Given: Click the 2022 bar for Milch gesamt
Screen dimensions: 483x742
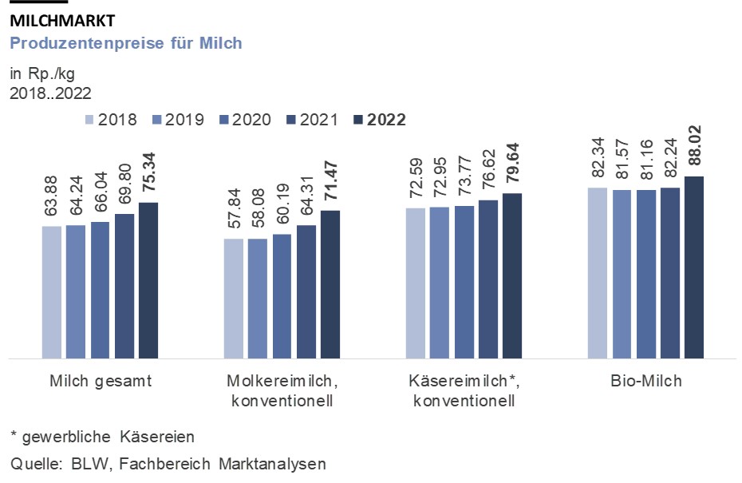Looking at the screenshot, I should click(x=148, y=280).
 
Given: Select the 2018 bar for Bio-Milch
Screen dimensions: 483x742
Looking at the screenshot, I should click(x=598, y=273).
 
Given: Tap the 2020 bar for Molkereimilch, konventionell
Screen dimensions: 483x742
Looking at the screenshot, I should click(x=282, y=296).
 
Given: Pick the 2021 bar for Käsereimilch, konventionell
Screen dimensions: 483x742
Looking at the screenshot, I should click(x=487, y=279).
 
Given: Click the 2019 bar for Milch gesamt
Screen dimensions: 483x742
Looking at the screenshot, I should click(x=76, y=292).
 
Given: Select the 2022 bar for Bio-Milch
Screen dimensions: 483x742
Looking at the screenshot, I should click(x=694, y=267).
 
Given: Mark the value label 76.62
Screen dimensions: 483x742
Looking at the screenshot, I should click(x=487, y=169).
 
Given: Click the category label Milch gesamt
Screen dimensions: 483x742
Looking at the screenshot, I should click(x=100, y=381).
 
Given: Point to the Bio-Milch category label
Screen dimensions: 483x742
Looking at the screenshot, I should click(x=645, y=381).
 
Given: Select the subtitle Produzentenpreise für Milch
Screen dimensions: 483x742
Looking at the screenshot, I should click(x=125, y=43).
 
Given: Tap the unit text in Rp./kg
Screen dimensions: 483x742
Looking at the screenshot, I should click(x=41, y=75).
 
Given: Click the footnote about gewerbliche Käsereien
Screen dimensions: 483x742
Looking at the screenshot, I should click(x=102, y=437).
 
